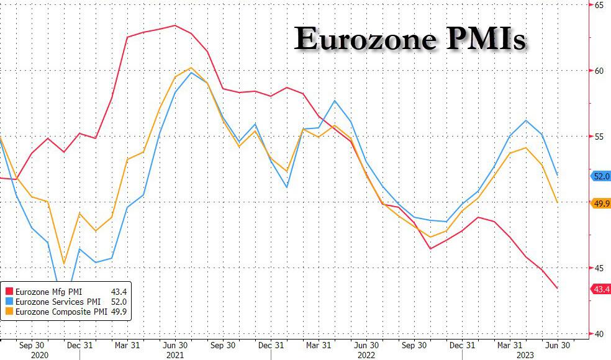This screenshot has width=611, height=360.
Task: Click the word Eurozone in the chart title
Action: [364, 38]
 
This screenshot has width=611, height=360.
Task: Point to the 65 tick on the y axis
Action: [599, 5]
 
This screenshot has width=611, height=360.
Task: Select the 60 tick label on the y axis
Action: [599, 71]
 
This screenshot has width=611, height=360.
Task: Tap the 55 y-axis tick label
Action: [599, 137]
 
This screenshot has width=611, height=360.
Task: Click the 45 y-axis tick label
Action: [599, 268]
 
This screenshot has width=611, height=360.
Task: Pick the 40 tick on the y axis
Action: [599, 334]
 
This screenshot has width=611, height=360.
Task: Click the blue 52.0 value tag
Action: [601, 176]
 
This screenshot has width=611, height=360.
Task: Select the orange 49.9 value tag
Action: [601, 204]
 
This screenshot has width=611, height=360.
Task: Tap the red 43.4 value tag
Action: [601, 289]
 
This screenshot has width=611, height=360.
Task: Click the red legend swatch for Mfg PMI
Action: [9, 292]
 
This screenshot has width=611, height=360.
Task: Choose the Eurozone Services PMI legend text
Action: [58, 302]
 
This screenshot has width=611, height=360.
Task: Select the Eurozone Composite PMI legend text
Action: [61, 312]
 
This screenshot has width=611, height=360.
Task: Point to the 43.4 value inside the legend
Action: [119, 292]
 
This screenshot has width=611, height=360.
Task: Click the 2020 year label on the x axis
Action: [39, 355]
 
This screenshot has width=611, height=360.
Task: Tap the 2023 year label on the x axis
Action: [525, 355]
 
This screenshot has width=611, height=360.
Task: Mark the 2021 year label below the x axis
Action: [175, 355]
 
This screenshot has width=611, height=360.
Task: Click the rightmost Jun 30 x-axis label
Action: [557, 346]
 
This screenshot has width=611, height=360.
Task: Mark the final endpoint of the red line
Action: [558, 289]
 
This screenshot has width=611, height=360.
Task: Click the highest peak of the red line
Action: [175, 25]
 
